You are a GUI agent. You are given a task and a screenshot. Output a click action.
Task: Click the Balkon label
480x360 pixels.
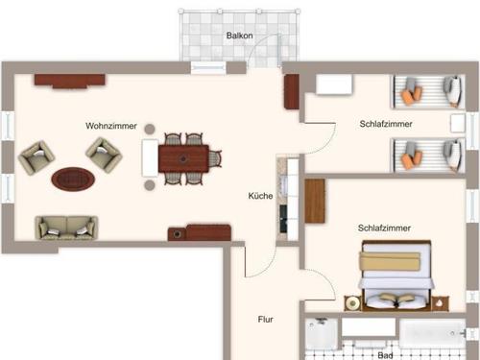click(239, 36)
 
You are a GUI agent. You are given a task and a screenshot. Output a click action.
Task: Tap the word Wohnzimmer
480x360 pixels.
click(110, 126)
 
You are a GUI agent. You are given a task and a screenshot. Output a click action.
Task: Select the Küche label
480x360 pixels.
click(260, 196)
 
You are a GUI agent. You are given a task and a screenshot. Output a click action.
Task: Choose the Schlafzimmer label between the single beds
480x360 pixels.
click(386, 124)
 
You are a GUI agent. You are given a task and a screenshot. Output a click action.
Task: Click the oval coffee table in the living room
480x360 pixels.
click(73, 178)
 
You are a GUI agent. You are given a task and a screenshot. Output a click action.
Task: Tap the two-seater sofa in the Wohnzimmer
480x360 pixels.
click(66, 228)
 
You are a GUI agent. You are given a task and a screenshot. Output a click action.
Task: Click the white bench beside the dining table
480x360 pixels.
click(150, 157)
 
